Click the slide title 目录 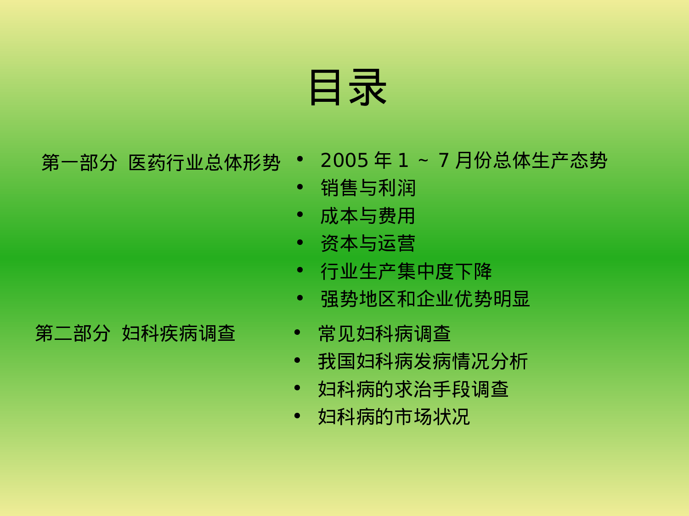coord(348,87)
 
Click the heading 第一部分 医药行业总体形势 coord(161,162)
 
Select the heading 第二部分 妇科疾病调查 coord(135,333)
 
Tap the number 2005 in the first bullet coord(344,161)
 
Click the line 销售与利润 coord(368,188)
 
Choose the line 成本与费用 coord(367,216)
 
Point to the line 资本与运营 coord(367,244)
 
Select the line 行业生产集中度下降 coord(406,272)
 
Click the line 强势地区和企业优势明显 coord(425,299)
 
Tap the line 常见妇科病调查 coord(384,334)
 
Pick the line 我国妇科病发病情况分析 coord(423,361)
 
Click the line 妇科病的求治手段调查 coord(413,389)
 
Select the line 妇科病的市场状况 coord(394,417)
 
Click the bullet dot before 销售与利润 coord(300,187)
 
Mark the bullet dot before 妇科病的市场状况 coord(297,416)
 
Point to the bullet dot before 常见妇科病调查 coord(297,333)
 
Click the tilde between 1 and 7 coord(423,161)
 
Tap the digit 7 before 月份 coord(443,161)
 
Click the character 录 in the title coord(367,87)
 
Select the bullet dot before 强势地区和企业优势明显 coord(300,298)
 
